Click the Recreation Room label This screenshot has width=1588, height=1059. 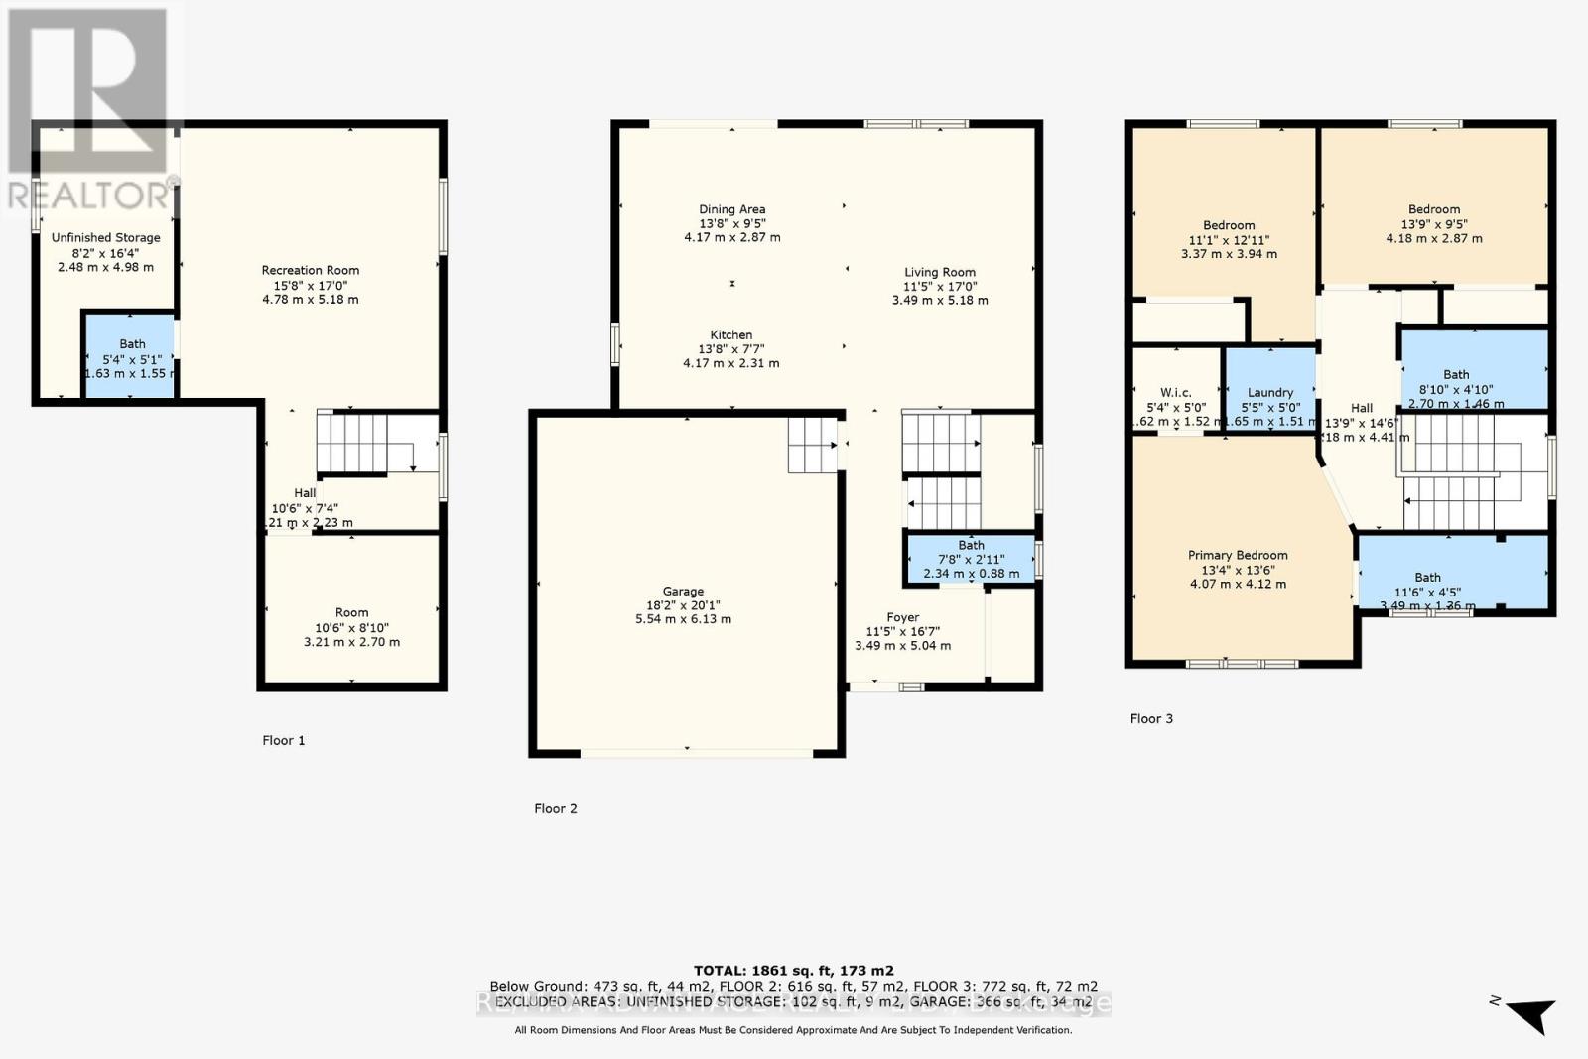(311, 270)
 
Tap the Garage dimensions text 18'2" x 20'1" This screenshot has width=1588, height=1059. (683, 605)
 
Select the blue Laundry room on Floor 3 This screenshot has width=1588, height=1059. (1270, 387)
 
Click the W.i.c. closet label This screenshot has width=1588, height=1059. (1175, 392)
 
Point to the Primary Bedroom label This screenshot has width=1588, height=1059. (1238, 555)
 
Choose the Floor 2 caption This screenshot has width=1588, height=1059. (555, 808)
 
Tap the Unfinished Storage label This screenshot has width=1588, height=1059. (106, 237)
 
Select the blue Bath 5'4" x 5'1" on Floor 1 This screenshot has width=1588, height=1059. (130, 355)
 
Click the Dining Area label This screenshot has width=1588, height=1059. (731, 209)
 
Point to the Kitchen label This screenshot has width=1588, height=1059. (731, 334)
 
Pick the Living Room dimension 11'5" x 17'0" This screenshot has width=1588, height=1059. (940, 286)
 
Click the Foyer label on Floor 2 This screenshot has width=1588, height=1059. (902, 617)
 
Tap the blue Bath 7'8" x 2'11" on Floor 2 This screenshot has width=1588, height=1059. (970, 560)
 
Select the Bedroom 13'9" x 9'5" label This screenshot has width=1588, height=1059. (1434, 209)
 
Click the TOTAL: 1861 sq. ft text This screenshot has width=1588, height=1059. (793, 970)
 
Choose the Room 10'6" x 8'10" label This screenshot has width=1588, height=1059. (351, 612)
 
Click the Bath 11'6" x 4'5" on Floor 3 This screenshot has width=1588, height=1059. (1427, 577)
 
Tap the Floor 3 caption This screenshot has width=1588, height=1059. (1151, 718)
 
